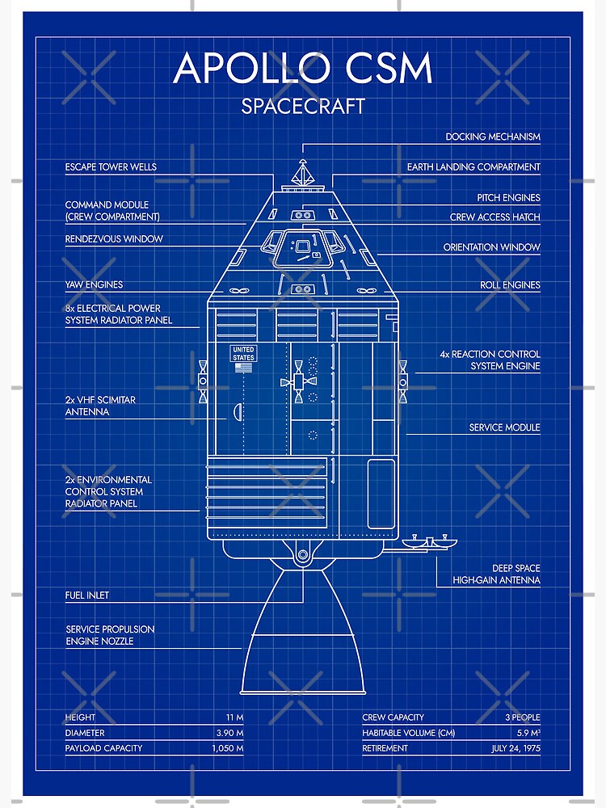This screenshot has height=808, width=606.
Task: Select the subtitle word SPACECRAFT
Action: pyautogui.click(x=303, y=106)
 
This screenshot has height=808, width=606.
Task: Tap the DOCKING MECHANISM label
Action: pyautogui.click(x=493, y=137)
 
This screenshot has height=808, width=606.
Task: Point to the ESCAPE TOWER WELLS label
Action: pyautogui.click(x=111, y=167)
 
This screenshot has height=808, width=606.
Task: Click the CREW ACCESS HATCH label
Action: pyautogui.click(x=495, y=217)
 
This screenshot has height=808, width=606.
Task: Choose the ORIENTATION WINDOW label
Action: pyautogui.click(x=491, y=247)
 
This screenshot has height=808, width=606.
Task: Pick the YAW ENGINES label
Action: pyautogui.click(x=94, y=285)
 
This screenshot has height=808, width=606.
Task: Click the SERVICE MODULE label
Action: pyautogui.click(x=504, y=427)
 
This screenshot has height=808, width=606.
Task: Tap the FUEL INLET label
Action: pyautogui.click(x=87, y=595)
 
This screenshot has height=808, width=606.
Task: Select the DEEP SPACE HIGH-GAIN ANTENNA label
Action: pyautogui.click(x=496, y=574)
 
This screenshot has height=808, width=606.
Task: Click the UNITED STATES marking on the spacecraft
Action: pyautogui.click(x=243, y=353)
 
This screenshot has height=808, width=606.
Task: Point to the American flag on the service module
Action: pyautogui.click(x=243, y=368)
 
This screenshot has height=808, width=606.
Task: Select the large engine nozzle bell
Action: pyautogui.click(x=303, y=638)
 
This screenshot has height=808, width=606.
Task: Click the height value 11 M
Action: pyautogui.click(x=234, y=718)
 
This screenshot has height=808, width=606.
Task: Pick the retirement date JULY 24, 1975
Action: pyautogui.click(x=515, y=748)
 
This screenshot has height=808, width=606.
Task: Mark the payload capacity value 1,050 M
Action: pyautogui.click(x=227, y=748)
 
